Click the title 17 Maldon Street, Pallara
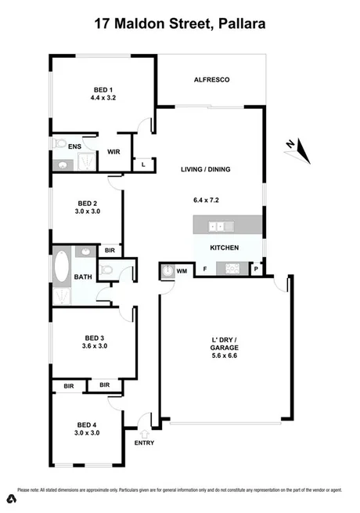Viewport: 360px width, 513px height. [180, 24]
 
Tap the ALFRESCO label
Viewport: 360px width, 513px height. [211, 80]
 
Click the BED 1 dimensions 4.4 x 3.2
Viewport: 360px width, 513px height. [103, 98]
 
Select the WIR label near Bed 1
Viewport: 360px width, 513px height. [113, 151]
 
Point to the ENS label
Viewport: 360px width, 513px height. [75, 146]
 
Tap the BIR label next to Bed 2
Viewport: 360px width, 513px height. [110, 251]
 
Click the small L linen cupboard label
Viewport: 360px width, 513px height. [143, 165]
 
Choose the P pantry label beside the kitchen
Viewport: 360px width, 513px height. [257, 269]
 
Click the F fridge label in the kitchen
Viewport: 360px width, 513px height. [205, 269]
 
